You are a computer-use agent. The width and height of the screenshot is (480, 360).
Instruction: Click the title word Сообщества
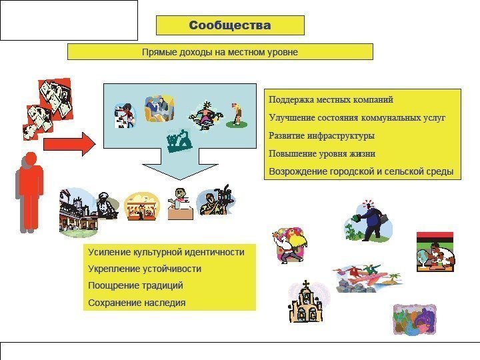pyautogui.click(x=230, y=25)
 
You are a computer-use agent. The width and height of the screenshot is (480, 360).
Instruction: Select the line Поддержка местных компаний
pyautogui.click(x=331, y=99)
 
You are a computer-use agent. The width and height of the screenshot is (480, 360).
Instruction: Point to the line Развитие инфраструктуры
pyautogui.click(x=321, y=135)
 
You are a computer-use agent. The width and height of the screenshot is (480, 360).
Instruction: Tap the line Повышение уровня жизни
pyautogui.click(x=322, y=153)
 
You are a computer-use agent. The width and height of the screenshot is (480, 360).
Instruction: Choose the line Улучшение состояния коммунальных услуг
pyautogui.click(x=357, y=118)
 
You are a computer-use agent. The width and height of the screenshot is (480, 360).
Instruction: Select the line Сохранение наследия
pyautogui.click(x=137, y=303)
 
